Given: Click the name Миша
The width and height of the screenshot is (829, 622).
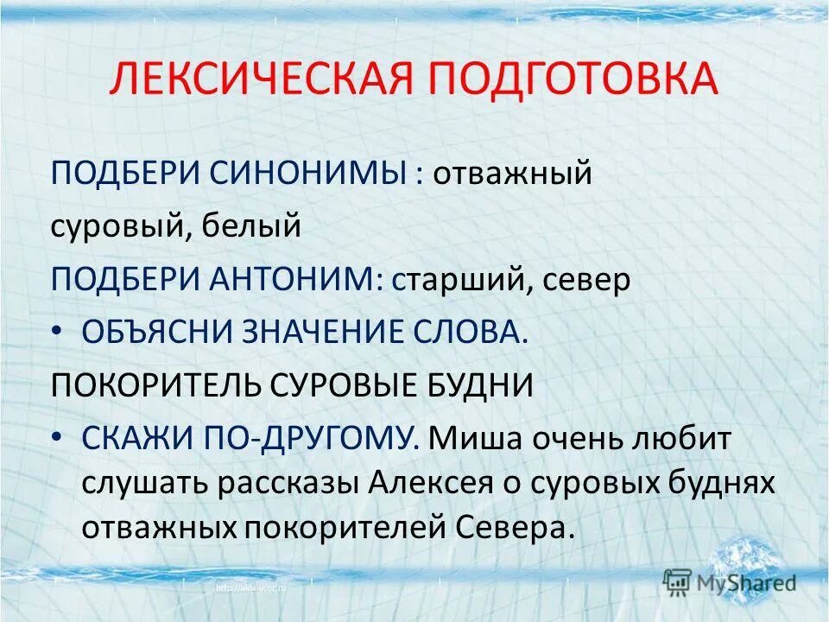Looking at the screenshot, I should pos(471,439).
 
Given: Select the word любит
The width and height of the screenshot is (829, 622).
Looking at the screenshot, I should pos(686,439).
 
